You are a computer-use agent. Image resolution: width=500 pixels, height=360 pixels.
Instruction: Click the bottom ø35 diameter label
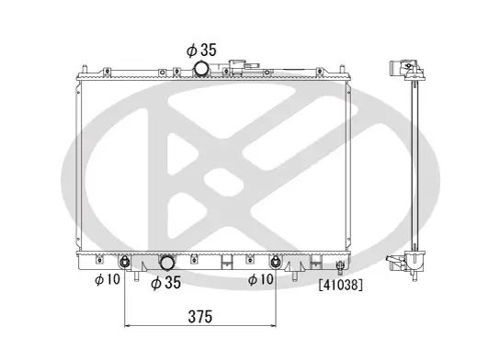point(165,283)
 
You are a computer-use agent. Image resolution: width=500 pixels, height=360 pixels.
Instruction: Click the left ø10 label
point(108,280)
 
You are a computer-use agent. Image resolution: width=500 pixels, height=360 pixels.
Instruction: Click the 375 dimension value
point(199,316)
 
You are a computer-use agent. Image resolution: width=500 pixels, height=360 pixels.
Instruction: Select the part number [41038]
point(340,286)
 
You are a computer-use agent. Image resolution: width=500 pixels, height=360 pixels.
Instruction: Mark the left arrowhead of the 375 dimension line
point(128,326)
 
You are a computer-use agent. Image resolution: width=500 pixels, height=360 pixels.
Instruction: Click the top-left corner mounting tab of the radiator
point(84,70)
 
